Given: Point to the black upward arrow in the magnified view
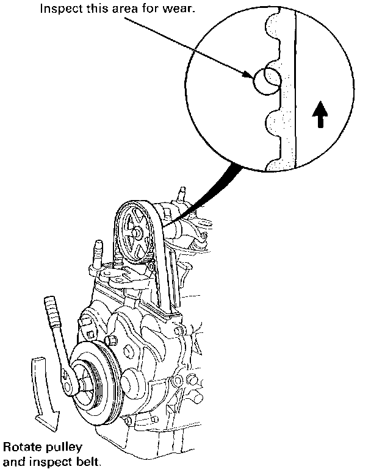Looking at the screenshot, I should [x=319, y=115].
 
